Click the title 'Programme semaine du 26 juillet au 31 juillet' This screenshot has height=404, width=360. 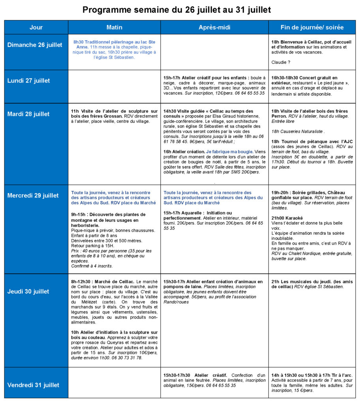[x=176, y=9]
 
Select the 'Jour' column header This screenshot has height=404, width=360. [x=36, y=27]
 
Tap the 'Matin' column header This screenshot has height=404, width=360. [x=114, y=27]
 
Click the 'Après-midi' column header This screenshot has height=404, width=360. [x=214, y=27]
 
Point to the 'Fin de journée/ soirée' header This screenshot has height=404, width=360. [x=312, y=27]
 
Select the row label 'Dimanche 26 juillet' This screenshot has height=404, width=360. [x=35, y=45]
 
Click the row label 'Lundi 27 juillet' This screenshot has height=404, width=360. [x=28, y=80]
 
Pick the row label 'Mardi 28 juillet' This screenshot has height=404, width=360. [x=28, y=114]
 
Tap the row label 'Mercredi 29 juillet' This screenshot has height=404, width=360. [x=33, y=195]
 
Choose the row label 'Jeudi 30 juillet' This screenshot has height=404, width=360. [x=28, y=292]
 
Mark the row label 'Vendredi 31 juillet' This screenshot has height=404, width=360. [x=33, y=385]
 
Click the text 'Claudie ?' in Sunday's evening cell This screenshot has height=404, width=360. [x=282, y=62]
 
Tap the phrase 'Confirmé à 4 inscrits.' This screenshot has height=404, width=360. [x=92, y=266]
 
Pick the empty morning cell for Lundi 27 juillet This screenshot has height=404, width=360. [x=114, y=86]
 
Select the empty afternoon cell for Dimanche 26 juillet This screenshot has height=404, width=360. [x=214, y=52]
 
